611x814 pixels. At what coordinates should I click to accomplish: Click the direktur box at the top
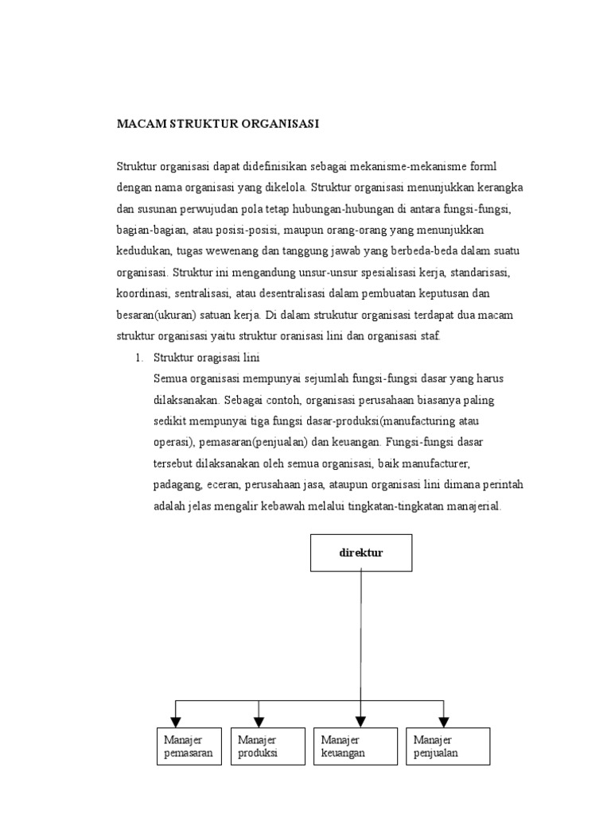(361, 553)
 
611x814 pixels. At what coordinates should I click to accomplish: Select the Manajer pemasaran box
(189, 747)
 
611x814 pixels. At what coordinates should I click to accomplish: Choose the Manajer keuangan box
(355, 747)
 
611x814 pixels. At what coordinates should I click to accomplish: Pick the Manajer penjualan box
(447, 747)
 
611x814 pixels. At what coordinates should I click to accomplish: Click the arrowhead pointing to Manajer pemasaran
(176, 721)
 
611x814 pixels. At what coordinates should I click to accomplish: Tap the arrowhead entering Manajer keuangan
(361, 721)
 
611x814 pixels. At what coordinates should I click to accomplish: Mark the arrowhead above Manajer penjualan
(444, 721)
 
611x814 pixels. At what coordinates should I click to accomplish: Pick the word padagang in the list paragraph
(175, 485)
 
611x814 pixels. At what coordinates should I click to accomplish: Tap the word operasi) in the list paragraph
(173, 442)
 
